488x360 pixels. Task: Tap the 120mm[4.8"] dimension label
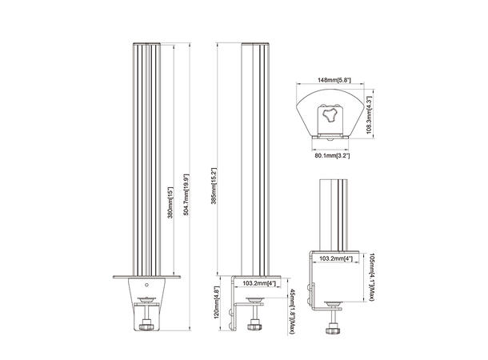click(217, 303)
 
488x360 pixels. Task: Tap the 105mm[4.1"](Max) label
click(370, 277)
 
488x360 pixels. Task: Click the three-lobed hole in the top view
click(329, 115)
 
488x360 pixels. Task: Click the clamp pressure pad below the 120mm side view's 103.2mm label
click(255, 300)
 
